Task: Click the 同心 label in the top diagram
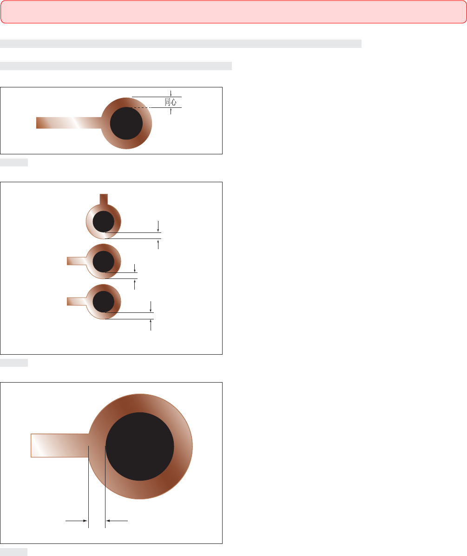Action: point(171,102)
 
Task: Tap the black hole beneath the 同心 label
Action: point(126,123)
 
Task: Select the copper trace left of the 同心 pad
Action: point(69,123)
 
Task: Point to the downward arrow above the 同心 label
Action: point(171,93)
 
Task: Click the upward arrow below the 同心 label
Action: point(171,111)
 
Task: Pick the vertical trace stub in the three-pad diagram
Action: point(104,199)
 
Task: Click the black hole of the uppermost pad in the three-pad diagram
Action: point(104,222)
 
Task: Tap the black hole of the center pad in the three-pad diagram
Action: point(104,262)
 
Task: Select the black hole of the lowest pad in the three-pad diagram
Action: point(104,302)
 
